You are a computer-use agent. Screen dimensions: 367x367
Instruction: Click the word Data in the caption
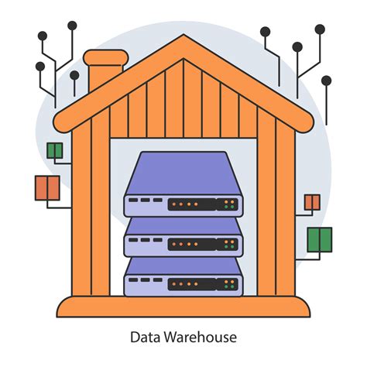142,338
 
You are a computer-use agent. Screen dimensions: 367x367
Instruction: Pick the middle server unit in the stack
183,236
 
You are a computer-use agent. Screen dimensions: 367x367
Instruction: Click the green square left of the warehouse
55,150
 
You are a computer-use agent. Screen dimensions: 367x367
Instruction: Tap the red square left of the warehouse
47,187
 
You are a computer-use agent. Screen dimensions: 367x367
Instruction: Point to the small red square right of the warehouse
312,202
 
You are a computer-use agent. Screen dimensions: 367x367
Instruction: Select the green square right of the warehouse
319,239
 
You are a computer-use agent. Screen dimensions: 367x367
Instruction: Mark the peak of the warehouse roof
183,39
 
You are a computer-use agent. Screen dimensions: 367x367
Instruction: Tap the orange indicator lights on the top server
184,205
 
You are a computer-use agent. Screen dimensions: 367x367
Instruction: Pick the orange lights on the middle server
184,245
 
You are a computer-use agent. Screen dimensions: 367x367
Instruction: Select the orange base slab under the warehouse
183,308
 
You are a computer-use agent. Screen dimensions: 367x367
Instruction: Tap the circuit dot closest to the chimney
75,75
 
